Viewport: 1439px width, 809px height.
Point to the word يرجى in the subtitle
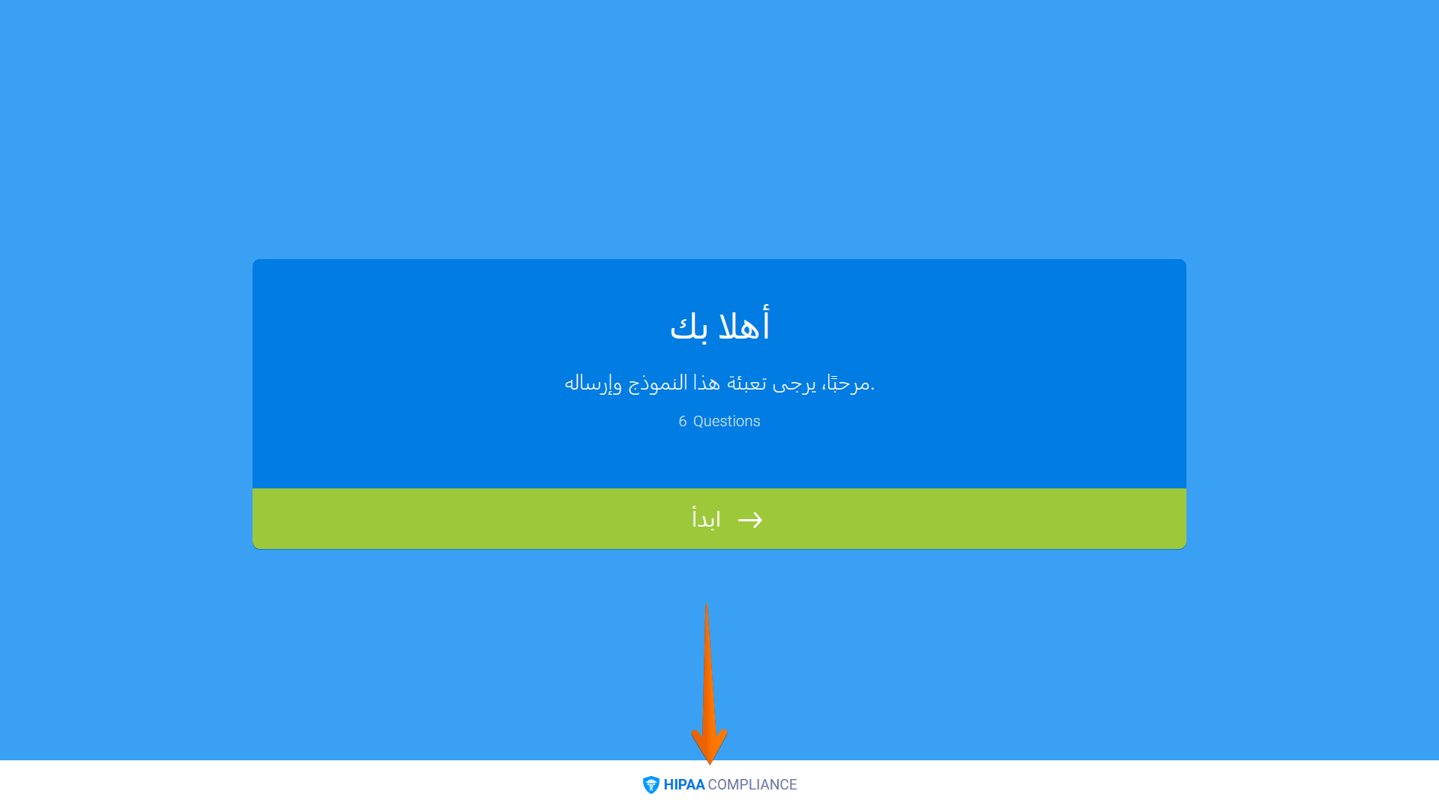click(x=794, y=384)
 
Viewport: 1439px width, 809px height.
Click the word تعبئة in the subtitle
click(x=746, y=384)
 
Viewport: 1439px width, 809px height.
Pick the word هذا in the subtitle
click(x=706, y=384)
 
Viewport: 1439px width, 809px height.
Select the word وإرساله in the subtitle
click(x=593, y=384)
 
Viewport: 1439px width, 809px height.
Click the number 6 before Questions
click(x=683, y=422)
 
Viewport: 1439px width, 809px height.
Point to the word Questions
click(x=726, y=422)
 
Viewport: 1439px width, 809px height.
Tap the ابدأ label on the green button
click(x=706, y=519)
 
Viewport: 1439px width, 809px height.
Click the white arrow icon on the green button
click(x=750, y=520)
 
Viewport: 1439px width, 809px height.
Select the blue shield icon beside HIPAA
click(x=651, y=785)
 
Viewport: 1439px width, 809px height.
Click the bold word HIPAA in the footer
click(x=684, y=785)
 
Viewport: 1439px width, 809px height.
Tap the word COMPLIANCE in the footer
click(x=752, y=785)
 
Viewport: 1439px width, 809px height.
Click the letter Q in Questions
click(x=699, y=422)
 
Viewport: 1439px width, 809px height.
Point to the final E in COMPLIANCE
click(x=793, y=785)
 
